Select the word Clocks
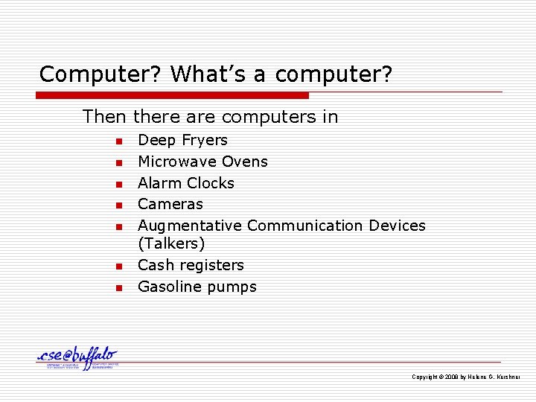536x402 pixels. [211, 183]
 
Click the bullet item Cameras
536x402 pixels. [170, 204]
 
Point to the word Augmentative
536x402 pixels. [190, 226]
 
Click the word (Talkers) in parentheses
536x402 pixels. [171, 244]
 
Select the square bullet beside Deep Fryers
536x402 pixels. [117, 141]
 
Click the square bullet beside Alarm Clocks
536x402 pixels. [117, 184]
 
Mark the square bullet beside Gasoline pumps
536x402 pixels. [117, 287]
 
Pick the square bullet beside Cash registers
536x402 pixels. [117, 266]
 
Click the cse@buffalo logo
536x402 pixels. [77, 358]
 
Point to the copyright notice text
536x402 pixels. [466, 377]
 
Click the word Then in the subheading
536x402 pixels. [105, 117]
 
